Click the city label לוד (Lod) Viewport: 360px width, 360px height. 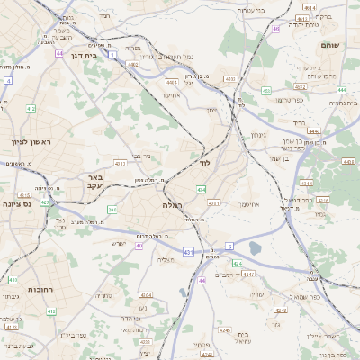[204, 164]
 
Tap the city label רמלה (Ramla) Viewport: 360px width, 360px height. [173, 205]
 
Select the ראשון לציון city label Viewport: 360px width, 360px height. [31, 142]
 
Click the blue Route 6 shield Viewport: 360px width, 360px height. [229, 245]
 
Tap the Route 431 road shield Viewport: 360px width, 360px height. [187, 253]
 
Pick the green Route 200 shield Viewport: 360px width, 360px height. [112, 211]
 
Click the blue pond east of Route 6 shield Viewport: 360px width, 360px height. [255, 247]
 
